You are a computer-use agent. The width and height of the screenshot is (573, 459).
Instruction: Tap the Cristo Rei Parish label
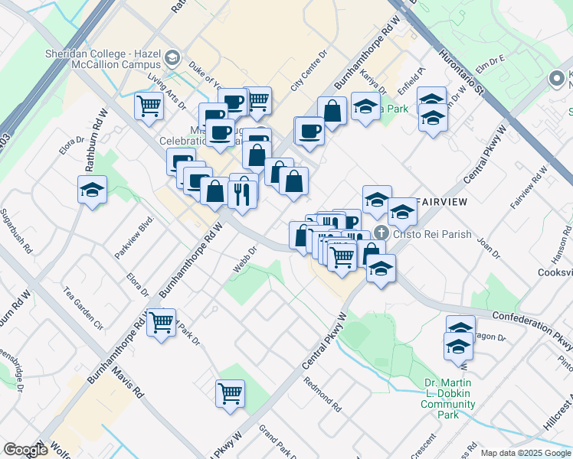click(432, 235)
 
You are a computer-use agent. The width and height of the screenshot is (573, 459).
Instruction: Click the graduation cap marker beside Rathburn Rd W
click(92, 190)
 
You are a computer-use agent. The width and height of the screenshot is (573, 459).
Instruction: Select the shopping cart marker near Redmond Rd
click(230, 394)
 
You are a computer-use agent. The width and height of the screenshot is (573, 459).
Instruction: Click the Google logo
click(25, 450)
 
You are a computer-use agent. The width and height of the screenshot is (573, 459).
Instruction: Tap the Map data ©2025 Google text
click(526, 453)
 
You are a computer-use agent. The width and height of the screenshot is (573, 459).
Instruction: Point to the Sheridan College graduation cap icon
click(173, 57)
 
